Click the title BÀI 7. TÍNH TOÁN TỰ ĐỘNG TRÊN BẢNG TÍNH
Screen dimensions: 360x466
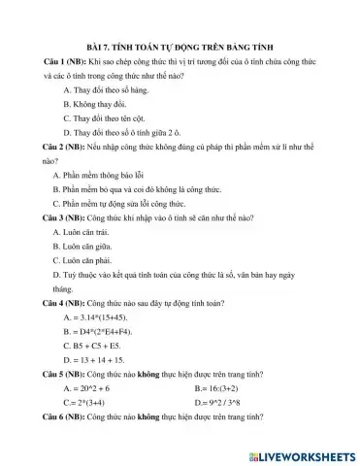(x=180, y=46)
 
